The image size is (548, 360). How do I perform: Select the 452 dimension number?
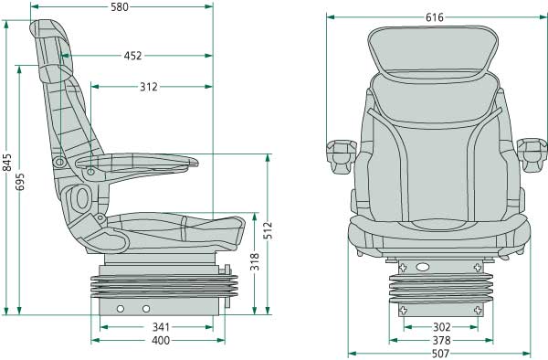coord(132,56)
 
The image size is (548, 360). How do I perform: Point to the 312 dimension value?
coord(148,88)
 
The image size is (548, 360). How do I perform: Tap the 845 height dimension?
coord(7,163)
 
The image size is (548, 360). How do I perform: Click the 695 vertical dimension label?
coord(21,182)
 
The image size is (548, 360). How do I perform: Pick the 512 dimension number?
coord(268,230)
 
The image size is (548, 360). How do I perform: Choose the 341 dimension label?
coord(161,327)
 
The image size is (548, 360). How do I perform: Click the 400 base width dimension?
coord(161,341)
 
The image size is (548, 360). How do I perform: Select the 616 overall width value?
coord(436,17)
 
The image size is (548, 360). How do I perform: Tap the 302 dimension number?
coord(441,327)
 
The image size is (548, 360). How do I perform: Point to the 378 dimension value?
coord(441,341)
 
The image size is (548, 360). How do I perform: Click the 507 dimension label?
coord(441,355)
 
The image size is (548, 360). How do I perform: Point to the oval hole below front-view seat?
coord(421,267)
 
